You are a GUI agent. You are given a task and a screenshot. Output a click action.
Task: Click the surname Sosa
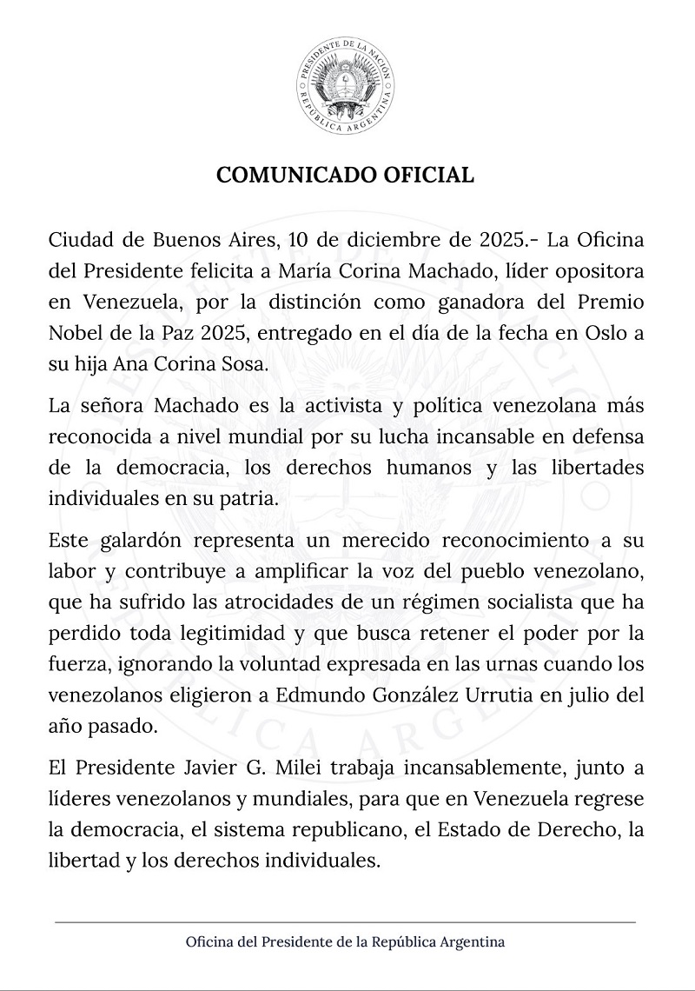(x=243, y=365)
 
